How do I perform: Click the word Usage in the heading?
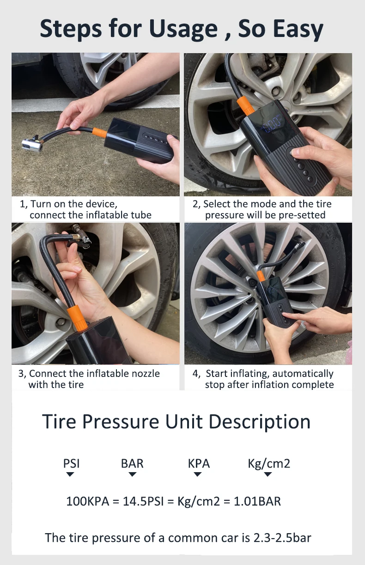183,30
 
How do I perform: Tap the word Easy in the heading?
298,30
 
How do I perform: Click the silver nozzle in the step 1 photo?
32,145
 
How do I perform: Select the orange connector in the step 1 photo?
99,133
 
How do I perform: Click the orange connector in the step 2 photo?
245,106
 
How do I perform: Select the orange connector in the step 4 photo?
261,276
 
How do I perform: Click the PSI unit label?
72,463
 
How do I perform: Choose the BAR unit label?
132,463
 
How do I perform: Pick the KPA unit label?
199,463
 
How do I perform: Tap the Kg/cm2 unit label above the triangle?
269,464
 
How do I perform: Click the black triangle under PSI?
70,474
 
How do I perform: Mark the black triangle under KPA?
197,474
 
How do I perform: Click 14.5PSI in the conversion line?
143,501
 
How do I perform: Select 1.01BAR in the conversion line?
257,501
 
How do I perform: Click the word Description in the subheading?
260,422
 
